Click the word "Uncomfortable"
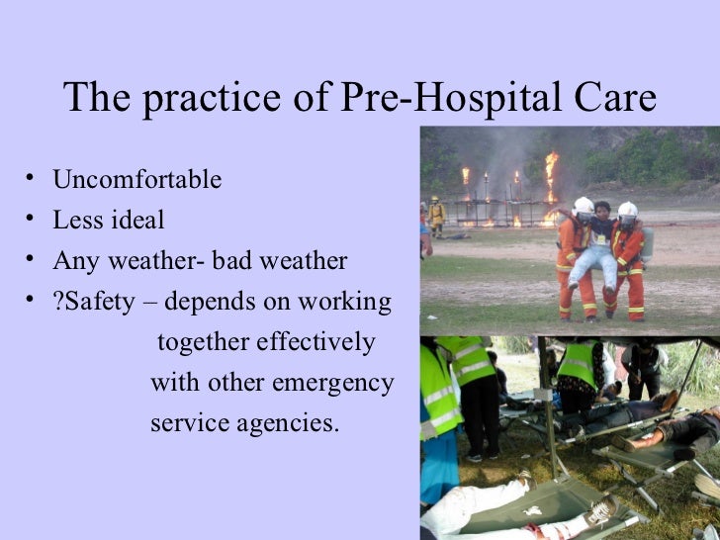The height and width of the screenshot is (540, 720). click(x=136, y=180)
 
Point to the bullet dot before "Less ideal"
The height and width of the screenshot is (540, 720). click(x=32, y=220)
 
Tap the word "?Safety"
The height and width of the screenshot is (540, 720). click(x=93, y=302)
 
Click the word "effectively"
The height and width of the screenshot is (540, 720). click(x=315, y=342)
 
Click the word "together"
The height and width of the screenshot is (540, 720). click(x=203, y=342)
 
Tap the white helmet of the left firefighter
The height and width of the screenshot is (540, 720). click(x=584, y=205)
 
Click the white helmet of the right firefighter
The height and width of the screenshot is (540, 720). click(x=627, y=210)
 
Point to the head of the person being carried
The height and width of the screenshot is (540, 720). click(x=602, y=211)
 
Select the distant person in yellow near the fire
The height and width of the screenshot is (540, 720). click(x=436, y=213)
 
